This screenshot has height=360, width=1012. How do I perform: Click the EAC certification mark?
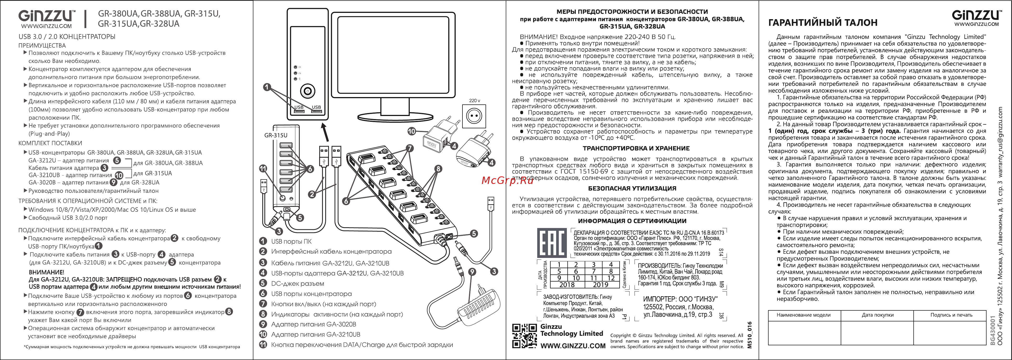coord(552,242)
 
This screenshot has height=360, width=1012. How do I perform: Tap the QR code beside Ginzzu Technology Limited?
coord(524,336)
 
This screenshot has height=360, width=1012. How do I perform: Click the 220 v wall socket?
coord(474,116)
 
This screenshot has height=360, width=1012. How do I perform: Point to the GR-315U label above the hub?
coord(275,135)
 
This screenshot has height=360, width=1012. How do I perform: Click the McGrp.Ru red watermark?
coord(507,180)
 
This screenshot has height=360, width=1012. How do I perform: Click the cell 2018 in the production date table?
coord(567,284)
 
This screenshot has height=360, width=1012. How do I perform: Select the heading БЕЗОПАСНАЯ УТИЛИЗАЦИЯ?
coord(632,188)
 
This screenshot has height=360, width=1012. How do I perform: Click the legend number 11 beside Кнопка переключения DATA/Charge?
coord(263,345)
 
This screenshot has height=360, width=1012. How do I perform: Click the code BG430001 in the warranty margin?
coord(993,330)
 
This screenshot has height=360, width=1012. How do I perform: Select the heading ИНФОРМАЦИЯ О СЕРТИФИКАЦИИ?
coord(632,221)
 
